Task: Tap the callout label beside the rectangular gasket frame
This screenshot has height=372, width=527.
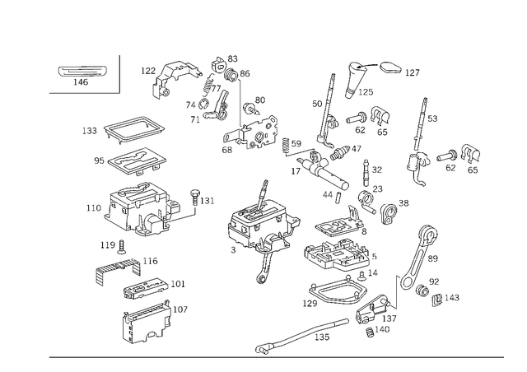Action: (x=89, y=129)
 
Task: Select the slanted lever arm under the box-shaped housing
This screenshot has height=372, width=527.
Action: (x=124, y=264)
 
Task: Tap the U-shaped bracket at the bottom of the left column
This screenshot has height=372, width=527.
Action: (x=144, y=323)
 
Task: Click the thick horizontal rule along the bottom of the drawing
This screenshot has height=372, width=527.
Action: (x=276, y=356)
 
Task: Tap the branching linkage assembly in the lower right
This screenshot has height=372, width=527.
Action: (x=424, y=272)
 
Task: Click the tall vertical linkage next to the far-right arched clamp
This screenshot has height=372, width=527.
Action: (x=422, y=136)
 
